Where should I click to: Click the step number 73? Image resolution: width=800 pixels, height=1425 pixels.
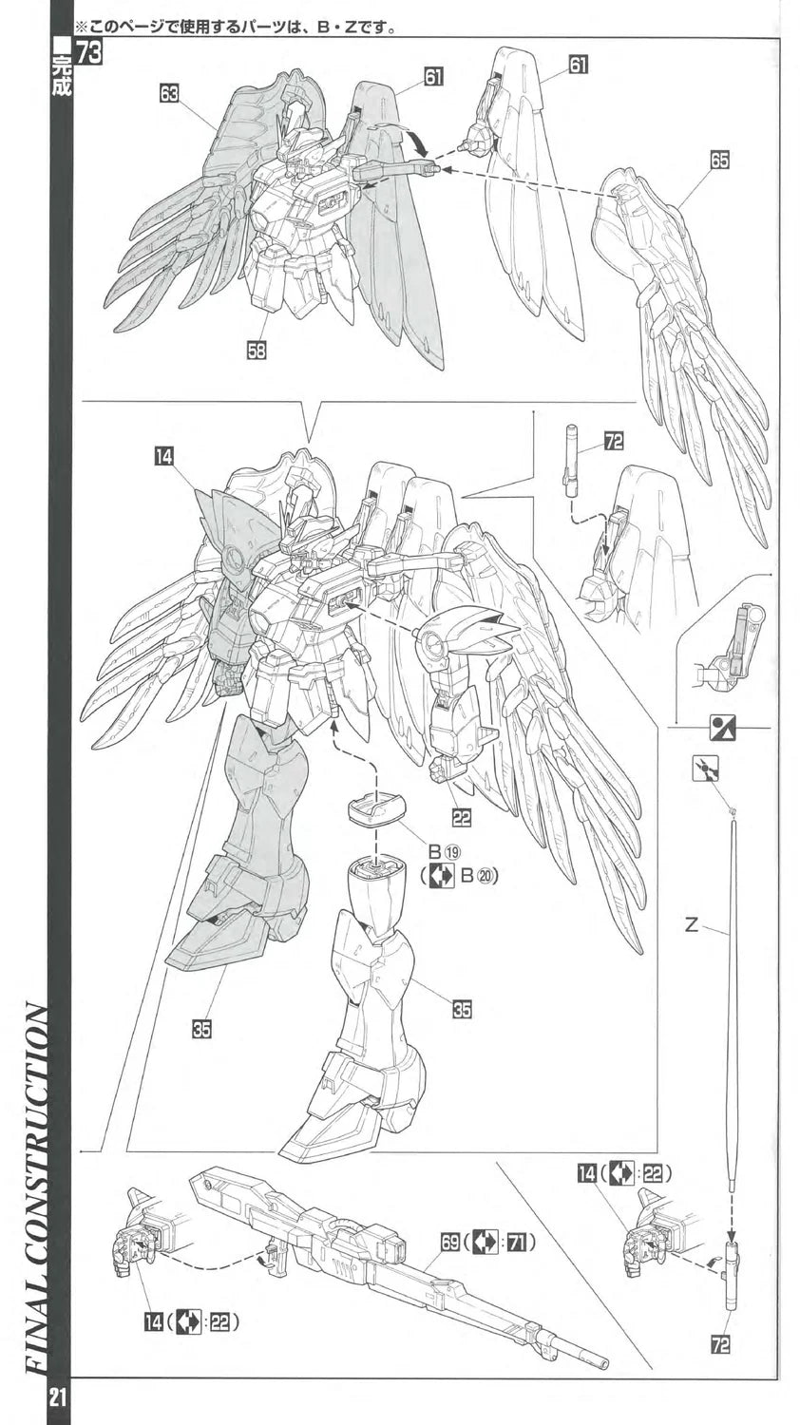coord(89,53)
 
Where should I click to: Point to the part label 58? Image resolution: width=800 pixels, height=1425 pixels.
coord(256,350)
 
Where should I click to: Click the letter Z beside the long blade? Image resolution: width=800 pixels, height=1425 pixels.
coord(691,924)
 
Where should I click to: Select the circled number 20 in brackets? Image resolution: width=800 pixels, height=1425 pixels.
coord(486,876)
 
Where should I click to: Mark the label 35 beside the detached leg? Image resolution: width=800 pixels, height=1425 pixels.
coord(461,1009)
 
